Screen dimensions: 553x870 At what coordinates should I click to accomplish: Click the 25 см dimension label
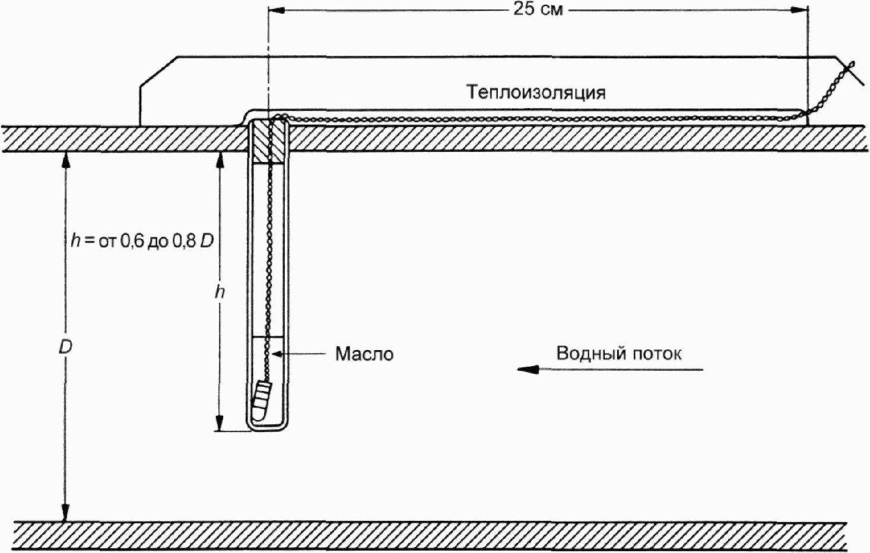(538, 9)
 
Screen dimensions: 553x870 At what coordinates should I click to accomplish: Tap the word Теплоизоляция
(535, 93)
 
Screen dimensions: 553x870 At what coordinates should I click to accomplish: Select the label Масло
(364, 354)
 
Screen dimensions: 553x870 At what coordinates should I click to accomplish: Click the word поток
(656, 354)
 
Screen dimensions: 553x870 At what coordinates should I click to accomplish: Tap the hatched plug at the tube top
(268, 142)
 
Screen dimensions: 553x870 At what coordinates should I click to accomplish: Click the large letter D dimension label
(65, 347)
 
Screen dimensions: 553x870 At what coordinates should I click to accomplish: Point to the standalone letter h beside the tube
(220, 292)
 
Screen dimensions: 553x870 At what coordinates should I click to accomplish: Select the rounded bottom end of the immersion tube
(268, 425)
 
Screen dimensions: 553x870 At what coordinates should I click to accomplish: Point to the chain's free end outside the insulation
(850, 64)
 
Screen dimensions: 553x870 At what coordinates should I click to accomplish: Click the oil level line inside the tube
(268, 337)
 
